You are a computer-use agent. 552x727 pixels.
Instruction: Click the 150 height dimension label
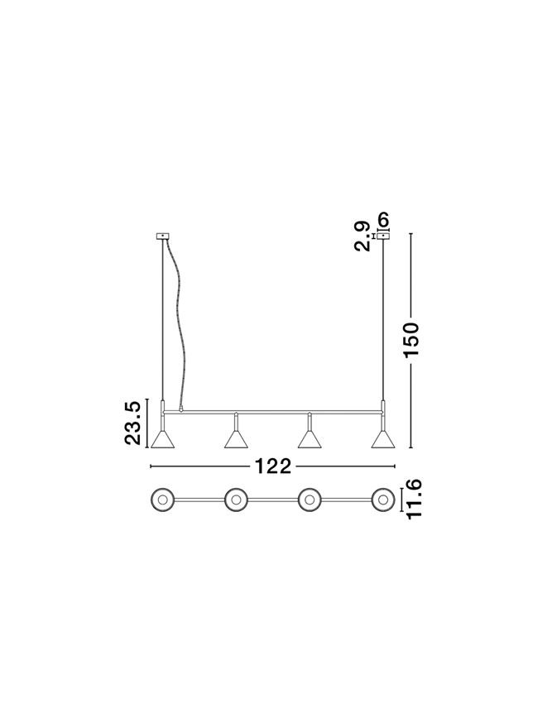click(x=411, y=340)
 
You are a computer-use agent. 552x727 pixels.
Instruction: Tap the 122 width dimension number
click(x=273, y=466)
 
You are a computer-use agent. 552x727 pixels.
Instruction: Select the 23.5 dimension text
click(x=132, y=423)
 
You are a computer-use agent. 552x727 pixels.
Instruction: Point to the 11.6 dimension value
click(x=413, y=500)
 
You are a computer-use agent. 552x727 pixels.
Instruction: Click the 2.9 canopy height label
click(x=362, y=237)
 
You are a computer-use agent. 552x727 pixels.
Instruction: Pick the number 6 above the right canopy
click(x=383, y=219)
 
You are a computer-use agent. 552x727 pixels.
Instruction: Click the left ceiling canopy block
click(x=163, y=237)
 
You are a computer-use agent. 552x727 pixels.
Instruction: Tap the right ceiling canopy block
click(x=383, y=237)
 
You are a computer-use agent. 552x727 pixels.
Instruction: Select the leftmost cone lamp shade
click(x=162, y=439)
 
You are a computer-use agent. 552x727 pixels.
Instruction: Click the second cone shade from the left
click(x=236, y=439)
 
